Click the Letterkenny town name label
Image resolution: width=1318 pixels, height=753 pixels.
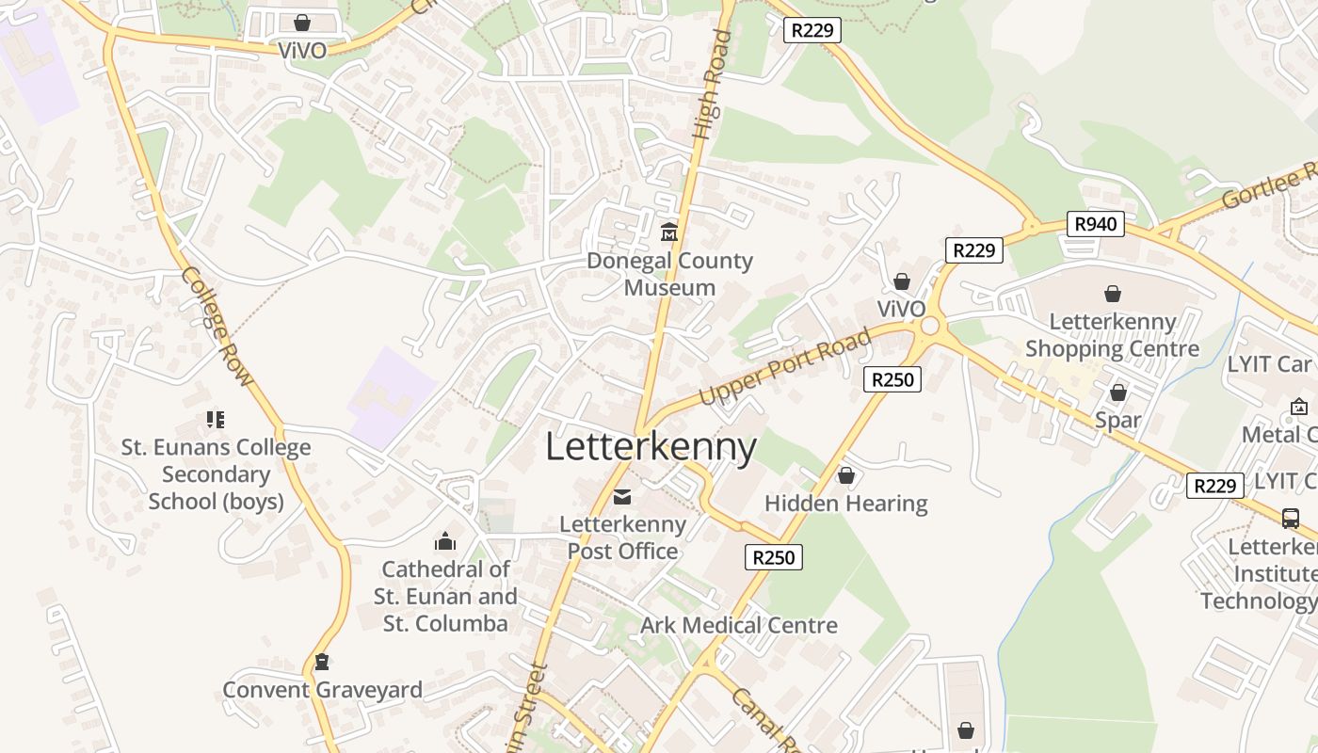(651, 447)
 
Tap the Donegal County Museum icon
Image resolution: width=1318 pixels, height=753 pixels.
(669, 232)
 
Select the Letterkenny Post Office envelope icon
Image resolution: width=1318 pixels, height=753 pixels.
(622, 496)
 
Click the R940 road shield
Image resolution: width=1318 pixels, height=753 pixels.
(1096, 223)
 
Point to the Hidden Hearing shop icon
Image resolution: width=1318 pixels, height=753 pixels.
(846, 476)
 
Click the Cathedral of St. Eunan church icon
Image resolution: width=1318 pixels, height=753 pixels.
(444, 541)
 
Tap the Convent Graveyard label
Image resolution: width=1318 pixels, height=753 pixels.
(322, 690)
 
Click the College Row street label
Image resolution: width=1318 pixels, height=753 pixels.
(217, 327)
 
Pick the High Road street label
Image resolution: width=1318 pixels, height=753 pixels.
(711, 87)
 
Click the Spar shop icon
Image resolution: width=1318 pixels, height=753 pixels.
(1118, 393)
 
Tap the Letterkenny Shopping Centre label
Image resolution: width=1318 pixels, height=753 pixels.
(1112, 335)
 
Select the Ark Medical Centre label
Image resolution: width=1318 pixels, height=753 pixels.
(738, 625)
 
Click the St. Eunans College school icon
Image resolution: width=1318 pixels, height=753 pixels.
(216, 420)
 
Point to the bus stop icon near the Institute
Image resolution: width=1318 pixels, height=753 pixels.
(1291, 518)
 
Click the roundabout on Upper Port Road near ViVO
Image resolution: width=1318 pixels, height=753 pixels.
(930, 326)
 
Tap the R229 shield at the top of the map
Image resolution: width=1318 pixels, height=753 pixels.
(812, 29)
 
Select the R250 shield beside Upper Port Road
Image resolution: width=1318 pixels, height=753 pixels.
(892, 379)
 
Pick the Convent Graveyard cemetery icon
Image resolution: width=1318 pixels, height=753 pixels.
(322, 662)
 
